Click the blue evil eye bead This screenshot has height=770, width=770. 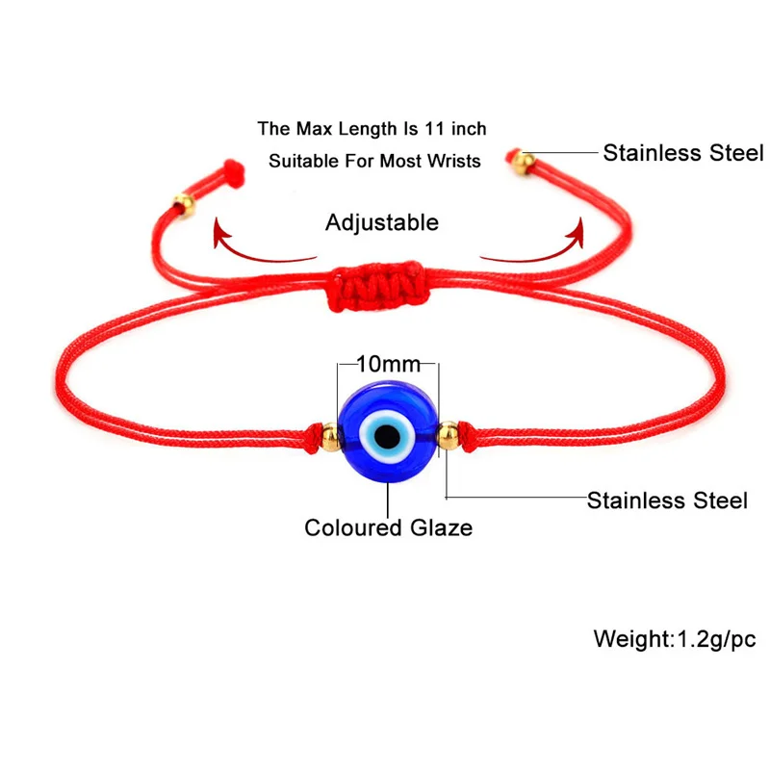click(x=388, y=437)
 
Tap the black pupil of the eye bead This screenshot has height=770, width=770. click(x=388, y=439)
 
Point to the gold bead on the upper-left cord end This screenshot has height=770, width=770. click(x=183, y=203)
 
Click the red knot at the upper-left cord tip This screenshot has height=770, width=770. click(x=231, y=170)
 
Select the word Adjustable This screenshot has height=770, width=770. click(x=381, y=223)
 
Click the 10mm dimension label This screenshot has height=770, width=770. click(x=388, y=365)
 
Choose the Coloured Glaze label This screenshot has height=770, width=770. click(x=388, y=527)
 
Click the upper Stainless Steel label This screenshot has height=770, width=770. click(x=682, y=152)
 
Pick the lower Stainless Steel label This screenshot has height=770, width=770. click(x=667, y=500)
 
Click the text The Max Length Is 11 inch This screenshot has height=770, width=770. click(x=372, y=128)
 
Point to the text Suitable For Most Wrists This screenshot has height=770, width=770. click(x=374, y=161)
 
